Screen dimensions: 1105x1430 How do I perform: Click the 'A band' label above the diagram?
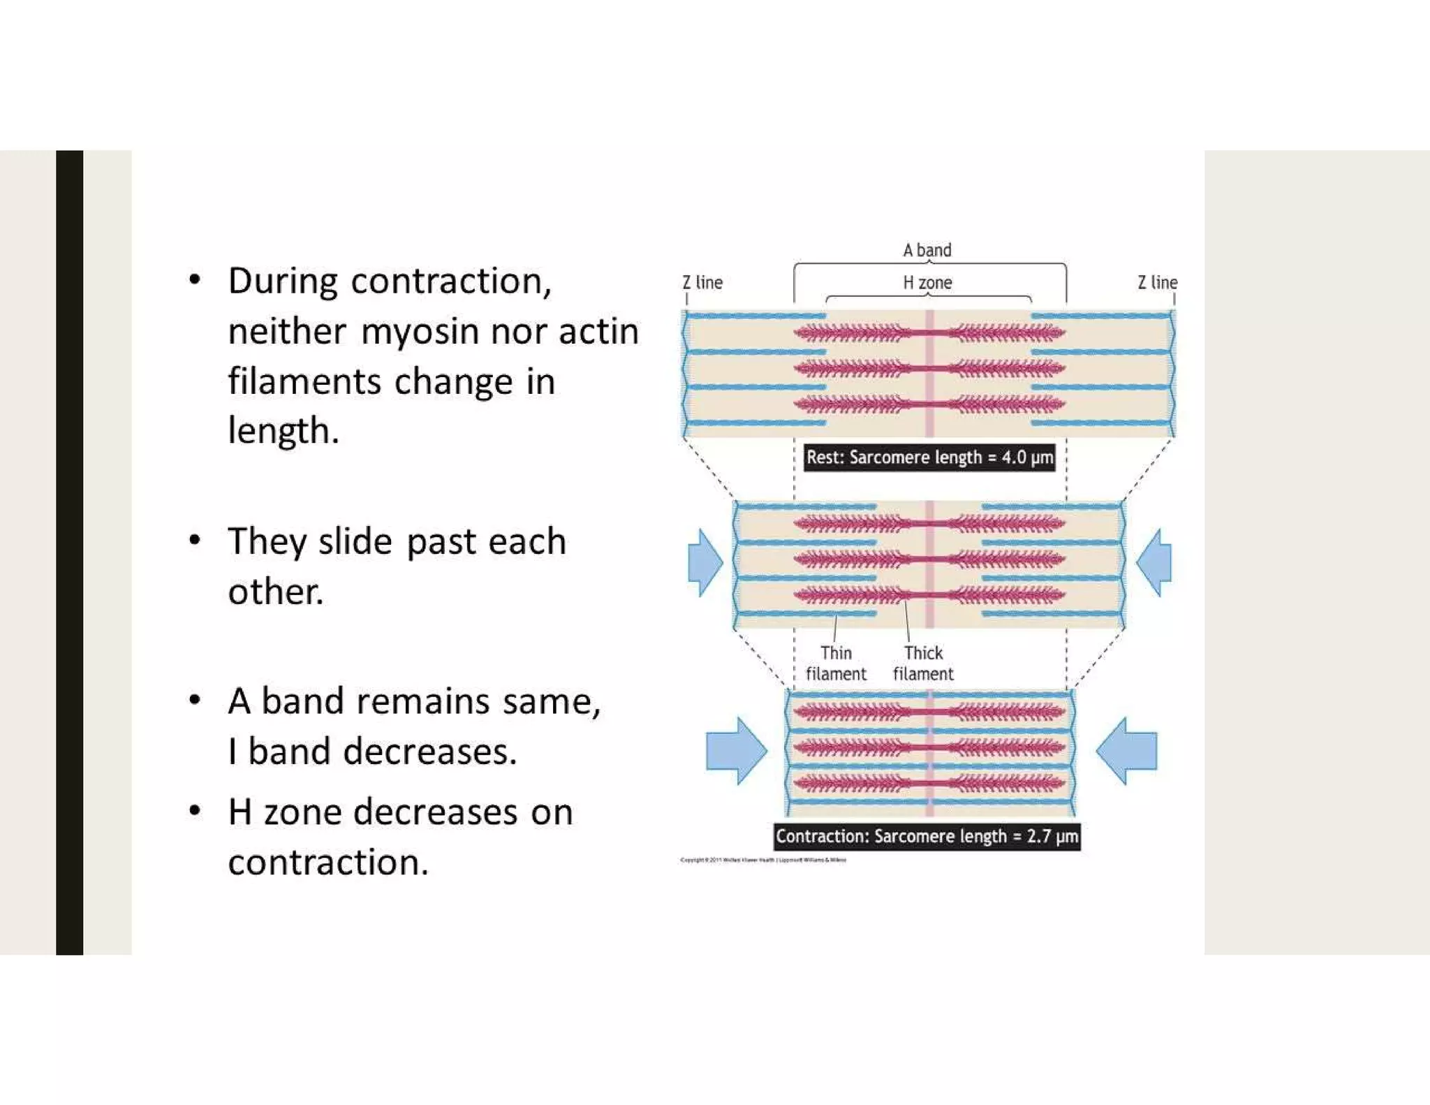[x=927, y=250]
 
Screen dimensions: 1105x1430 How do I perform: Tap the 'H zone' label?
[x=927, y=282]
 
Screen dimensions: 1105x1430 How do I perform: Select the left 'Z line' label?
[x=702, y=282]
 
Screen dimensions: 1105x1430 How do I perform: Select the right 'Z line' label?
[x=1157, y=282]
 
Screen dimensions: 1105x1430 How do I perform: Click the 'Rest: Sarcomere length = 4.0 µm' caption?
[x=929, y=458]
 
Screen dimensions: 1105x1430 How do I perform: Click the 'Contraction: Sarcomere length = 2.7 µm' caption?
[x=927, y=836]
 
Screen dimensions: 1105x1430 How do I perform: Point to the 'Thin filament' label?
[x=836, y=663]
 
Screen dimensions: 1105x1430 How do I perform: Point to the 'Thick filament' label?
[x=923, y=663]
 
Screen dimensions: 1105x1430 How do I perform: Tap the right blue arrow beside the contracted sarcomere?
[x=1126, y=751]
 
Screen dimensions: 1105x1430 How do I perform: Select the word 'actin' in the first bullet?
[x=598, y=331]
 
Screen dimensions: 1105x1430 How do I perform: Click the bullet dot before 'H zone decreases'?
[x=195, y=810]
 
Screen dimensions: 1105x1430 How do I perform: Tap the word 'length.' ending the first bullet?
[x=283, y=431]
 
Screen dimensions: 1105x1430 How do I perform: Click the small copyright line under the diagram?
[x=762, y=860]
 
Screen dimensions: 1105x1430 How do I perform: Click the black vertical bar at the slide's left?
[x=69, y=552]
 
